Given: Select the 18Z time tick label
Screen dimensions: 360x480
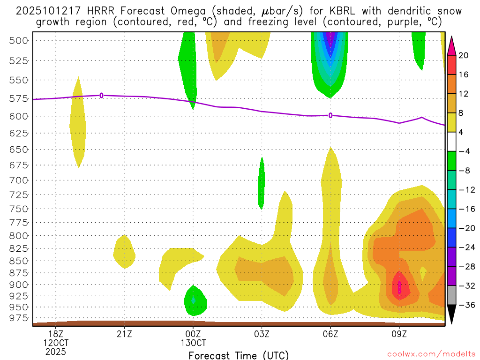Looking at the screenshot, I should (x=56, y=334).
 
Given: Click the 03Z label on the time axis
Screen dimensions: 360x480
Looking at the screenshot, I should (x=262, y=334).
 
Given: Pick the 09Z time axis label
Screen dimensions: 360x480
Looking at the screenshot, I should (x=399, y=334).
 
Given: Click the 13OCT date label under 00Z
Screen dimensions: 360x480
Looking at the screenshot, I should (x=193, y=343).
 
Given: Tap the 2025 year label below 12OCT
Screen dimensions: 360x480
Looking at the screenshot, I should (x=56, y=351).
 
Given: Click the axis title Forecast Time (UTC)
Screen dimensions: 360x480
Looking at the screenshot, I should (x=239, y=355).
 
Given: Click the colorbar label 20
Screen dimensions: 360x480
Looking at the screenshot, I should (x=464, y=55).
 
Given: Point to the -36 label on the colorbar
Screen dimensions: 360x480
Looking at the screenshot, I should (x=464, y=305).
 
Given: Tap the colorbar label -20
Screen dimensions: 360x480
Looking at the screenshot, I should (x=464, y=228).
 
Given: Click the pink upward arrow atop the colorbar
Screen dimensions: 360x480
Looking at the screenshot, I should (x=451, y=45).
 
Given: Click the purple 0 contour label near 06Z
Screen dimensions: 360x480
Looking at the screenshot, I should (x=330, y=115).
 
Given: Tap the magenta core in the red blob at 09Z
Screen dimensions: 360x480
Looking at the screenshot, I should (x=399, y=287).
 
